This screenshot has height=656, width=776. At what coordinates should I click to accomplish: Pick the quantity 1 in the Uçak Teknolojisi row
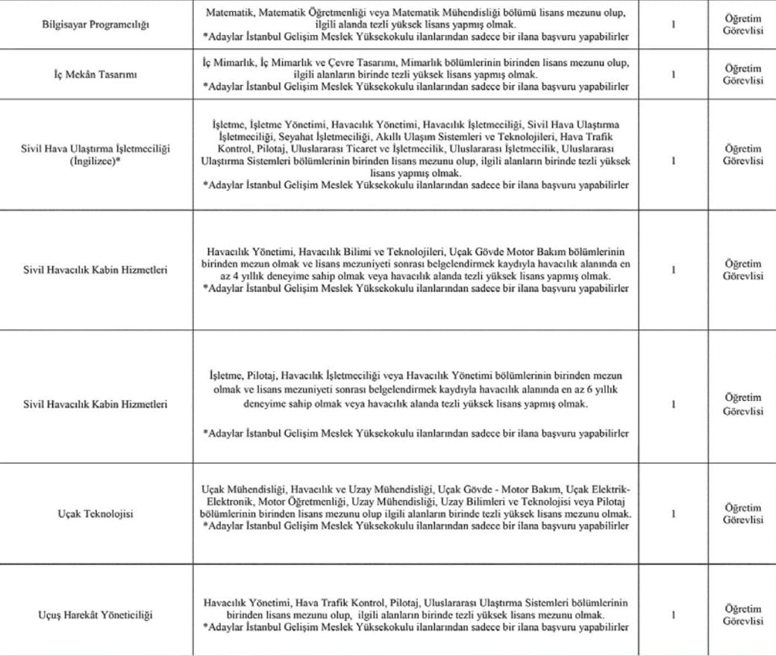coord(674,514)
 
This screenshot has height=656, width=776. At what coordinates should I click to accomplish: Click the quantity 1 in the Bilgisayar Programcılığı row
coord(674,25)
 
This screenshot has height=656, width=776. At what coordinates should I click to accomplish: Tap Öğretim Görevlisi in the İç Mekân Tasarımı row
coord(742,75)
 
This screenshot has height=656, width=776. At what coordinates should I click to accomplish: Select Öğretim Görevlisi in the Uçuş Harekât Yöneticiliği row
coord(742,615)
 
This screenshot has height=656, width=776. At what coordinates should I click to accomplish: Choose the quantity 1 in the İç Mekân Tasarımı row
coord(674,75)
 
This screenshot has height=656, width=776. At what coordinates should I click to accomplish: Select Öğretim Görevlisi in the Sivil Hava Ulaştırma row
coord(742,154)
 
